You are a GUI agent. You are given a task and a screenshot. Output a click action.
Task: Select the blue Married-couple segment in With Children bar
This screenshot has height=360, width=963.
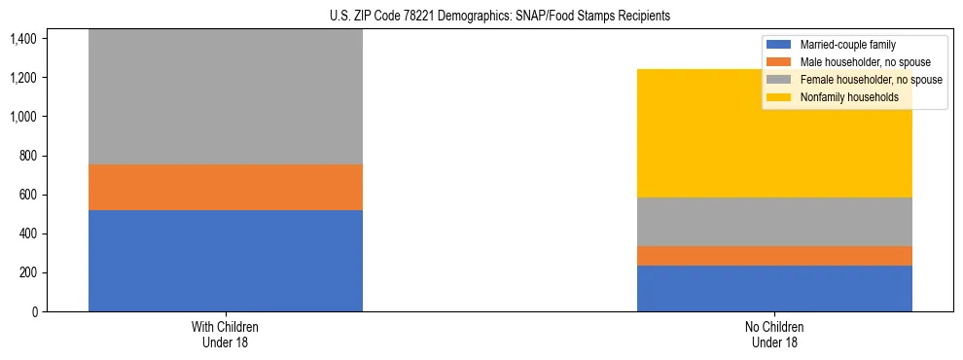[x=225, y=261]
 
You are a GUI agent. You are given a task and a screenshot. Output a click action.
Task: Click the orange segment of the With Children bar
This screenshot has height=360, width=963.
[x=225, y=187]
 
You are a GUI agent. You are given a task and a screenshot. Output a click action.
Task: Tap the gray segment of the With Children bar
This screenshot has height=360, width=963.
[x=225, y=96]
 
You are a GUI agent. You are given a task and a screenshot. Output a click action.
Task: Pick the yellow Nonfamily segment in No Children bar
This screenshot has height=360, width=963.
[x=774, y=133]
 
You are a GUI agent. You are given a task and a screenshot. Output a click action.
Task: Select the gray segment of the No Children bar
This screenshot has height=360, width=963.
[x=774, y=222]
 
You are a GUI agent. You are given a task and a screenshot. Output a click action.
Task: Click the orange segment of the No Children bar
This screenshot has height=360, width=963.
[x=774, y=256]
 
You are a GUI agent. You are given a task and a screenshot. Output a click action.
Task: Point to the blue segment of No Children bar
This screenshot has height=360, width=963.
[x=774, y=288]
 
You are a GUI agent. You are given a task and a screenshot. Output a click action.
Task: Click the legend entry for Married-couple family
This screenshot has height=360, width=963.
[x=847, y=45]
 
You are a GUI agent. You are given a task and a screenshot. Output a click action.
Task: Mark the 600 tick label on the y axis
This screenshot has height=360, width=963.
[x=26, y=195]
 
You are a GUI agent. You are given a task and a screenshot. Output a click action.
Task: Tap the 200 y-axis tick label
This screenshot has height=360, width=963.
[x=26, y=272]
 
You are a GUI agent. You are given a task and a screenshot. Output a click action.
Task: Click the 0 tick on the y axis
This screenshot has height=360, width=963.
[x=34, y=311]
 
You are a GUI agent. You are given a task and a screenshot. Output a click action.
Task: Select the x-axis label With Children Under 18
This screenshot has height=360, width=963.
[x=225, y=334]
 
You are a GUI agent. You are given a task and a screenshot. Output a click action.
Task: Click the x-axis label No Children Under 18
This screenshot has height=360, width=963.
[x=774, y=334]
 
